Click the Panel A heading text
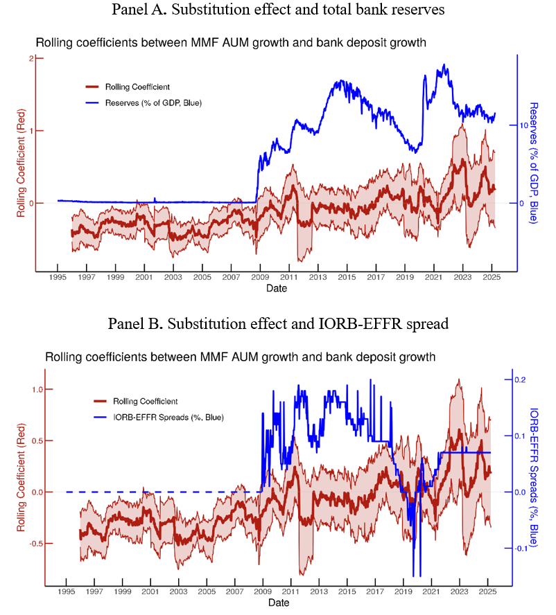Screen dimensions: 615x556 [277, 10]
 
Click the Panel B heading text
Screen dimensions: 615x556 [277, 324]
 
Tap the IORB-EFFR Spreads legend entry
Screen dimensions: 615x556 [159, 417]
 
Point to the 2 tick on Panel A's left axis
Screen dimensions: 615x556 [31, 58]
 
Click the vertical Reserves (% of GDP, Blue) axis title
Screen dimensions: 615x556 [535, 163]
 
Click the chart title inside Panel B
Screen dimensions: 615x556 [240, 358]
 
